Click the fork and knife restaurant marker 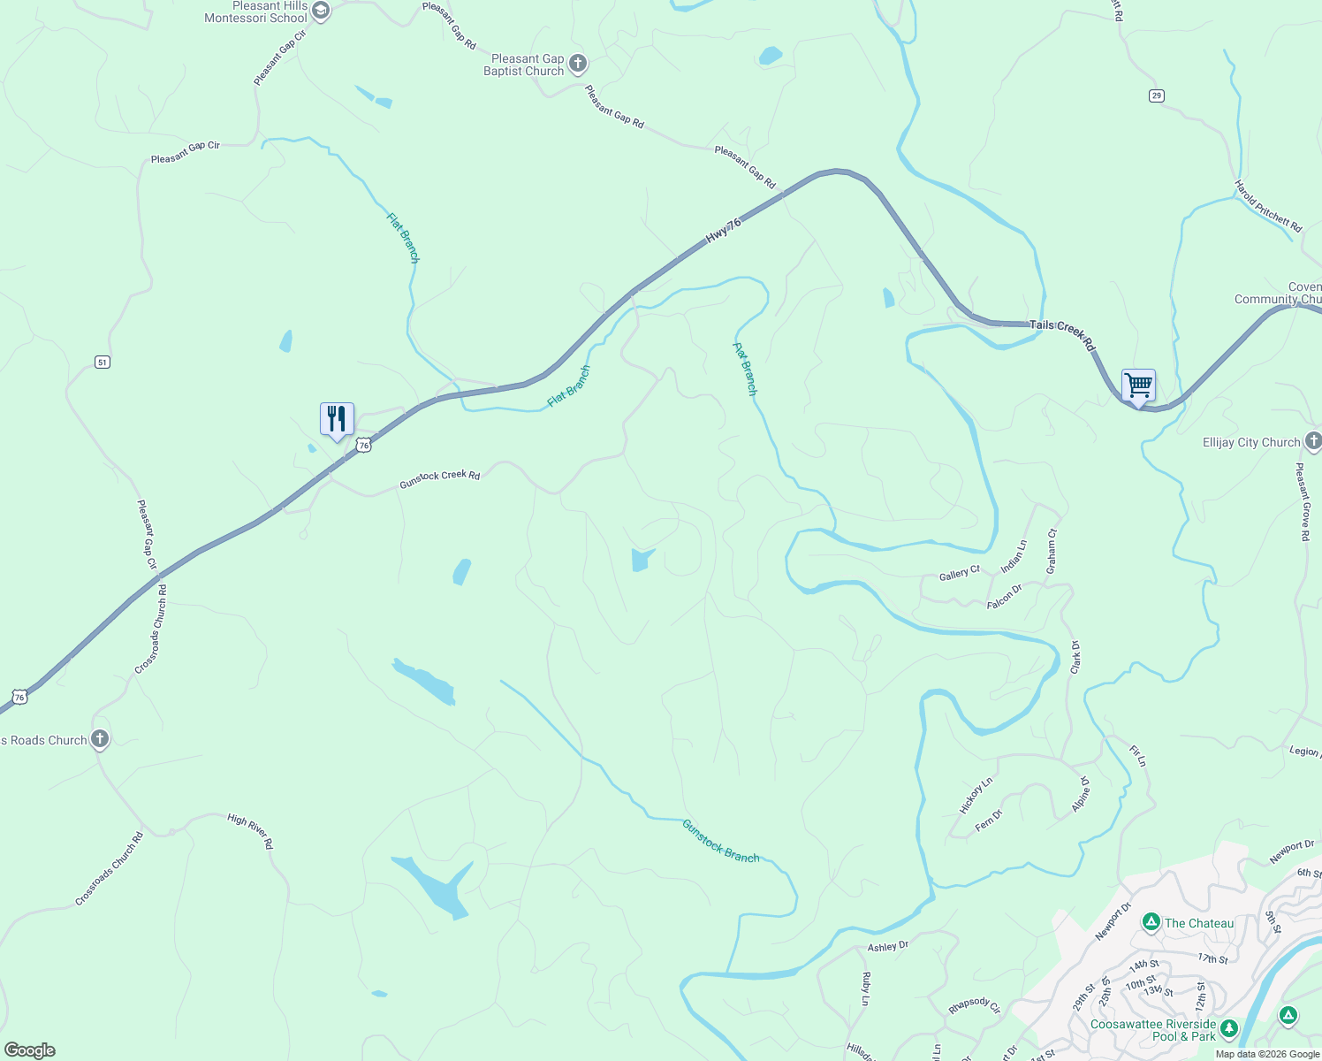click(337, 418)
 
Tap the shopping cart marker click(1138, 385)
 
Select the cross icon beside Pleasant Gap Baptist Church click(578, 64)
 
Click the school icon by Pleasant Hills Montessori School click(321, 11)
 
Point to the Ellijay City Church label click(1251, 442)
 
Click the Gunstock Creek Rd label click(439, 478)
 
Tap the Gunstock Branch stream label click(720, 841)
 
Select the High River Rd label click(250, 831)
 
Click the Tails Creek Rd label click(1062, 334)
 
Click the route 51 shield click(103, 362)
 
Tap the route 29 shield click(1157, 95)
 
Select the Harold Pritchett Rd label click(1268, 206)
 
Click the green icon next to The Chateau click(1151, 923)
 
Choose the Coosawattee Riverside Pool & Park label click(1152, 1030)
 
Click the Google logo click(30, 1050)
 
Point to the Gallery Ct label click(959, 575)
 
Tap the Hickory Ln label click(976, 795)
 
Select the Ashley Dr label click(888, 946)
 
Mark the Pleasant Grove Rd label click(1302, 501)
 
